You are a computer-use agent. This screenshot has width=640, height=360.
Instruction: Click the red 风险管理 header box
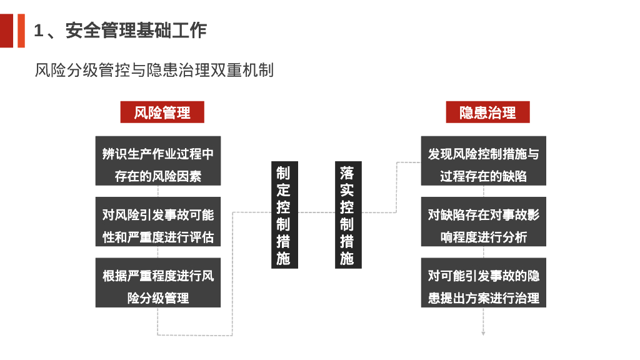tap(162, 112)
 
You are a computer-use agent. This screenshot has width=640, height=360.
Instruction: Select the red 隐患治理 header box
tap(487, 112)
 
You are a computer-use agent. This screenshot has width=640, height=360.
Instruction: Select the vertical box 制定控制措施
tap(284, 215)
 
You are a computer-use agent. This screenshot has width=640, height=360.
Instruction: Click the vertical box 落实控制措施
tap(347, 215)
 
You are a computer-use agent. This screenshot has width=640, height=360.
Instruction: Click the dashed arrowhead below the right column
tap(483, 333)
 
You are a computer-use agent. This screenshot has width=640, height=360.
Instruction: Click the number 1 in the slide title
tap(39, 30)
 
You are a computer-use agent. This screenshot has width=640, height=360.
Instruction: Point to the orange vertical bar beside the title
tap(21, 30)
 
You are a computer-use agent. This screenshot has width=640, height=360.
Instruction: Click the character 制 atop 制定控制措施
tap(284, 172)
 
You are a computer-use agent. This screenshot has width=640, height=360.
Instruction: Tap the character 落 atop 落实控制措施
tap(347, 172)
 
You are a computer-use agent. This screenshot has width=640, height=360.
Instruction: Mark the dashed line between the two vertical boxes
tap(315, 212)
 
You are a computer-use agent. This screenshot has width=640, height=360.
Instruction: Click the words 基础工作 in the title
tap(171, 30)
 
